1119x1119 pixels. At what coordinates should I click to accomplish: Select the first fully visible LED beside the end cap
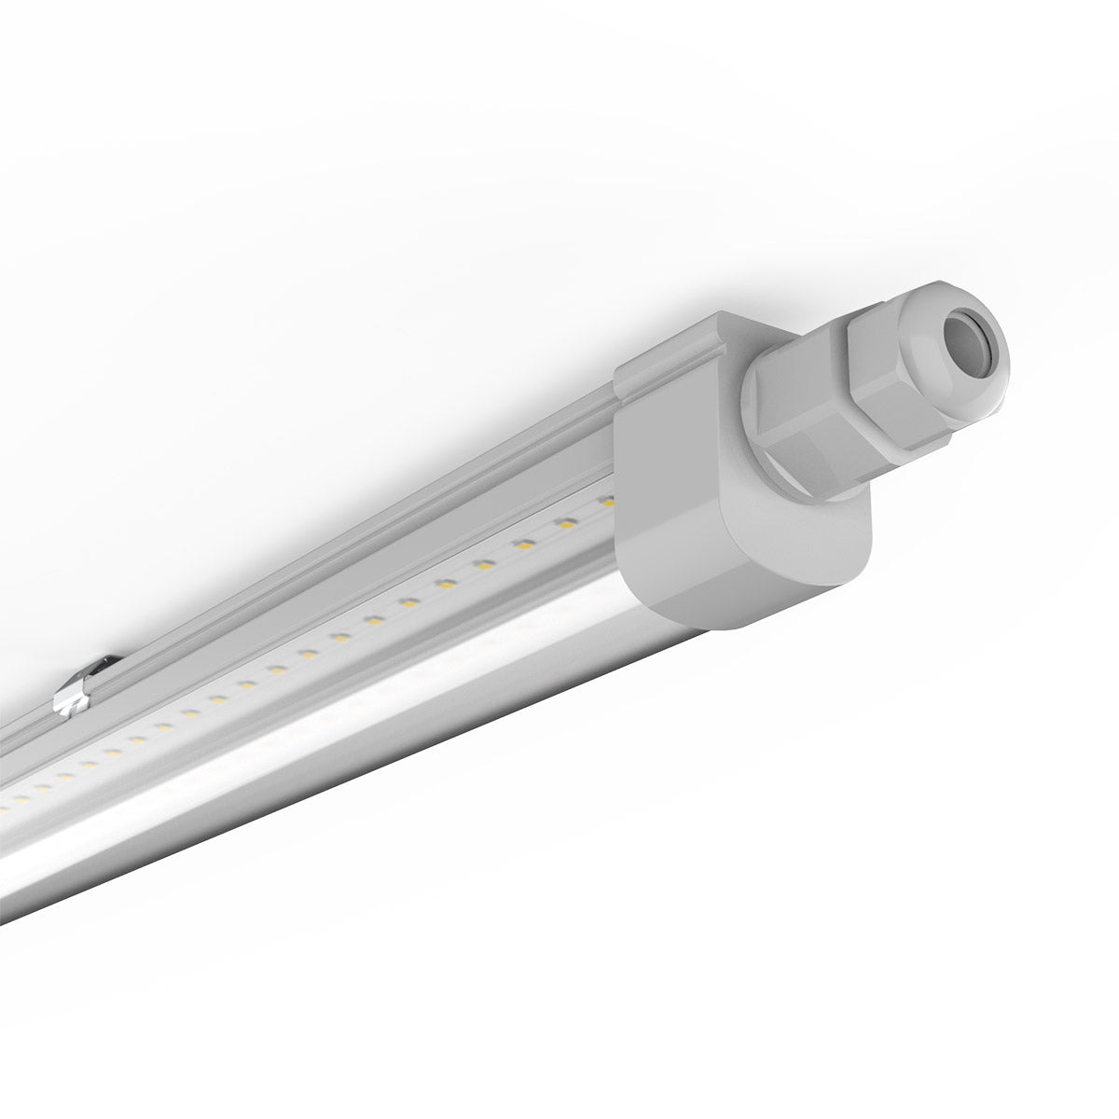click(x=564, y=522)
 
